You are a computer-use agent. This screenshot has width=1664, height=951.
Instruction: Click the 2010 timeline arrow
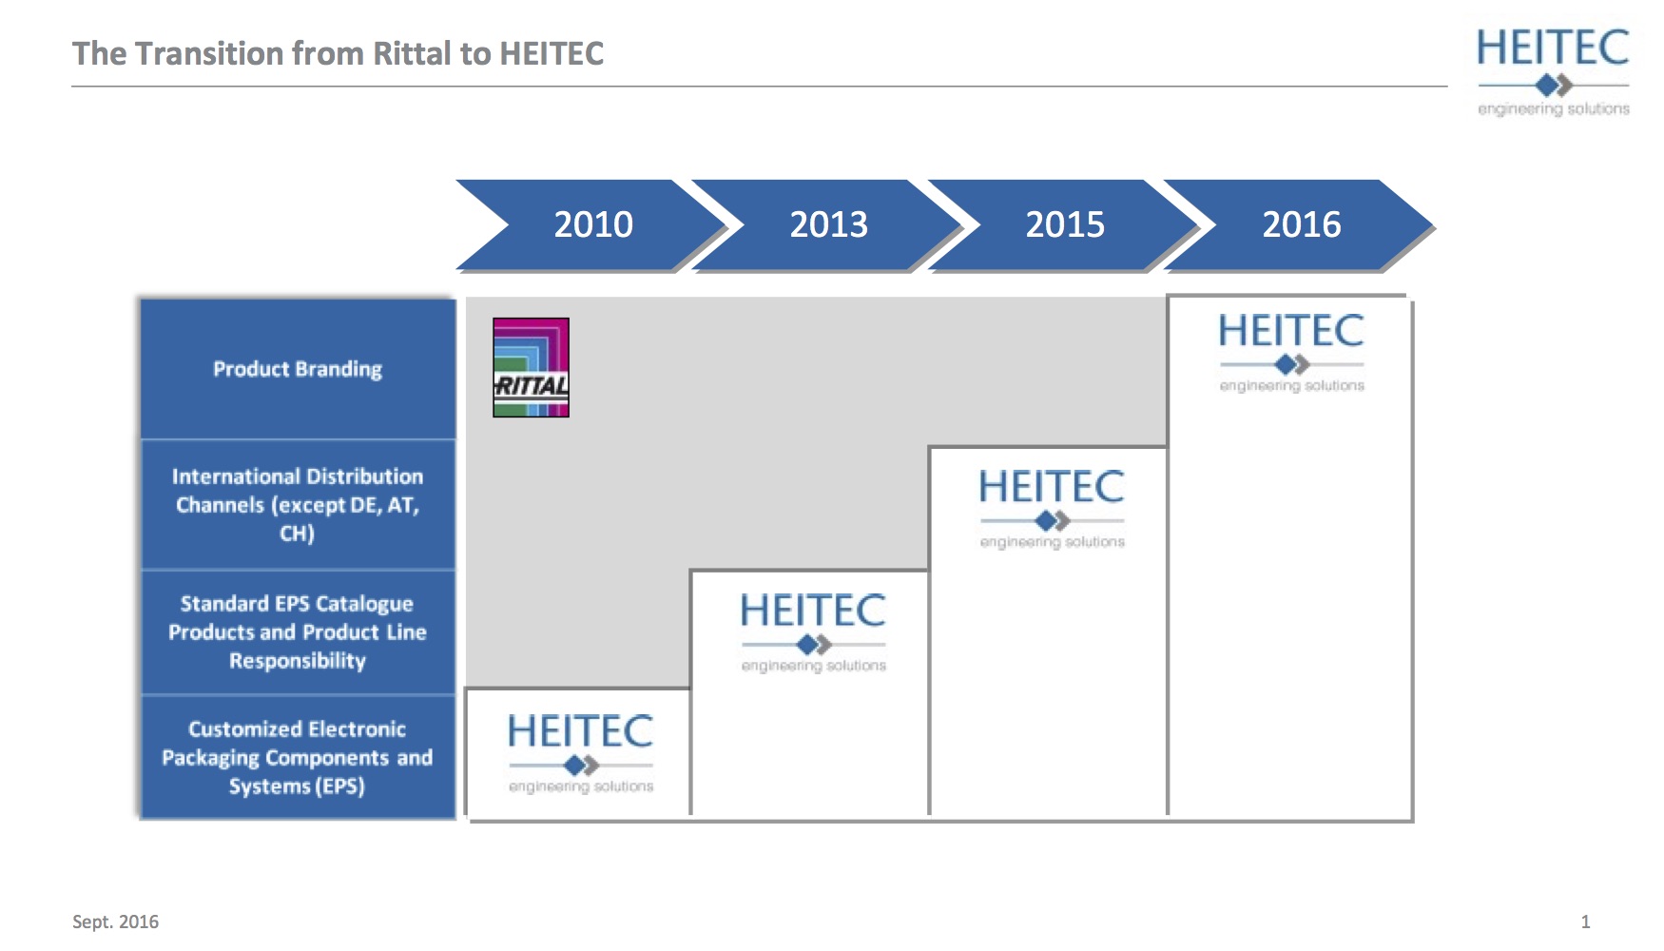coord(592,224)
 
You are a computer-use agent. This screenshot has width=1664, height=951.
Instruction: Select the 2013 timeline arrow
coord(828,224)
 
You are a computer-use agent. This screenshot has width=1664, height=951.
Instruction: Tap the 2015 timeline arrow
coord(1065,224)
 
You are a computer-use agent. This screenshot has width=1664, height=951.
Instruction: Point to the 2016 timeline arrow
coord(1301,224)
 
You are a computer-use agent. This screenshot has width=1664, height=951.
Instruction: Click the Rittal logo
coord(531,367)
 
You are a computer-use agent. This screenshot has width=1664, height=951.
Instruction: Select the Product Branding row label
coord(298,369)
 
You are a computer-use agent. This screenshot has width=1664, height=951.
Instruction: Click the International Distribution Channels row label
coord(298,504)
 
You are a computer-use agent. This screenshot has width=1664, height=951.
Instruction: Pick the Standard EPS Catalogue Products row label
coord(298,631)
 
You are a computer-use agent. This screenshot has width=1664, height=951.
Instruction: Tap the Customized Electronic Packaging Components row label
coord(298,757)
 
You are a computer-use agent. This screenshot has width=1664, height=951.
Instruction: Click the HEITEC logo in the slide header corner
coord(1553,72)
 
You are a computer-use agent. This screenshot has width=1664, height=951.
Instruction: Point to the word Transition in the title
coord(209,53)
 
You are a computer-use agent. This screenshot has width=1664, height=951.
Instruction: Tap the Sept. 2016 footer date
coord(115,922)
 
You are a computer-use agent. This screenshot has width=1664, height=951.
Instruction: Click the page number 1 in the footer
coord(1585,922)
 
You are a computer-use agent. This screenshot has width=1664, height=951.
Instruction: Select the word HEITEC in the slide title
coord(551,53)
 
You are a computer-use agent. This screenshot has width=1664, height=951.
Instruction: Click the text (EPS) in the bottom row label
coord(339,786)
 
